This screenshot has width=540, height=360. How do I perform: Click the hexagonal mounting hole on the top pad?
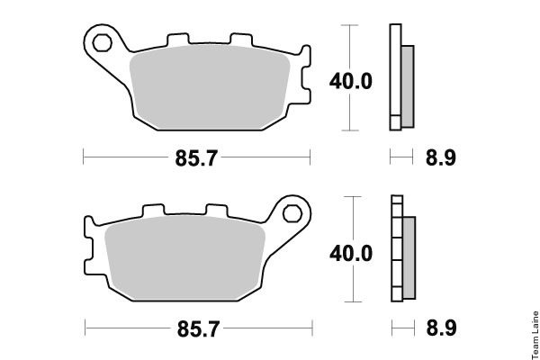tap(102, 43)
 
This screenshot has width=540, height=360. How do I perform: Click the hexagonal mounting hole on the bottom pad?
tap(292, 213)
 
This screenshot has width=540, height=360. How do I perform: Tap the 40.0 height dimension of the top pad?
tap(351, 82)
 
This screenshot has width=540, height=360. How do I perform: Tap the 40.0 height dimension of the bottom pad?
tap(351, 253)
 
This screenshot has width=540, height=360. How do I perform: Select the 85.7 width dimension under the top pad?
tap(196, 158)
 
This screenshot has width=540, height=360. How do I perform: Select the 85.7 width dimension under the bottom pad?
tap(198, 329)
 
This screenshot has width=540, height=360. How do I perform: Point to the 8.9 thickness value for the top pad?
tap(441, 157)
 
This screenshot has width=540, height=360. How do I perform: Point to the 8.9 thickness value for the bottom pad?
tap(442, 328)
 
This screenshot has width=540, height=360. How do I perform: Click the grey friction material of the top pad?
tap(210, 87)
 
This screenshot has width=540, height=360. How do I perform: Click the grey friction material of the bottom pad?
tap(184, 258)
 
